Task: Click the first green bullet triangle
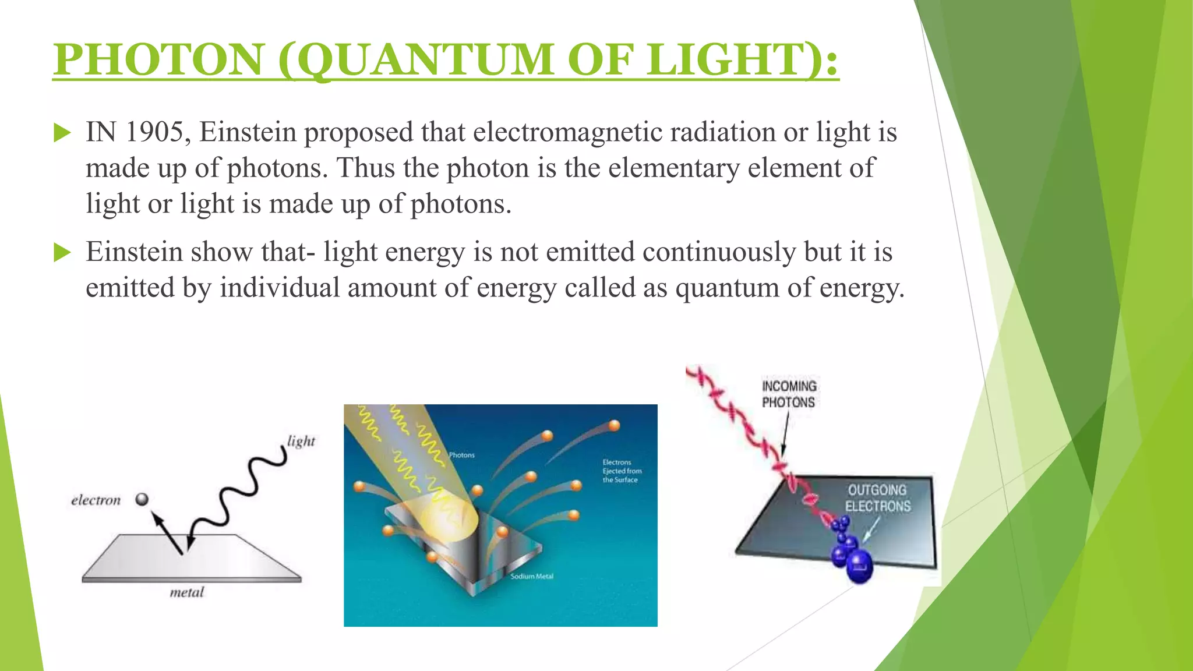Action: point(62,133)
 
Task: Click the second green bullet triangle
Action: point(62,253)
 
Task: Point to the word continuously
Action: point(719,252)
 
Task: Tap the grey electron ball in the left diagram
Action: point(142,499)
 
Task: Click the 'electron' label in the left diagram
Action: point(96,500)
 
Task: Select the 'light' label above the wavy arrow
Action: point(301,441)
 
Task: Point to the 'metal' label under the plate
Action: point(187,592)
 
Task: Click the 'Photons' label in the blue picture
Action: point(462,455)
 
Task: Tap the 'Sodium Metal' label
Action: point(532,576)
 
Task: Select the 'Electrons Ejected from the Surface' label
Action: point(622,471)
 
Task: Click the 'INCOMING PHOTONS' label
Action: point(789,394)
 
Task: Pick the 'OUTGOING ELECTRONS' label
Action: point(877,498)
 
